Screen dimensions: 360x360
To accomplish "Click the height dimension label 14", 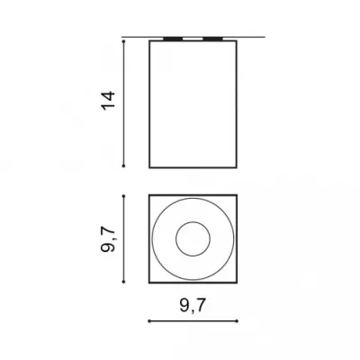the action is click(108, 101).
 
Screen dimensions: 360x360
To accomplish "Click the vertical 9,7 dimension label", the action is click(108, 239).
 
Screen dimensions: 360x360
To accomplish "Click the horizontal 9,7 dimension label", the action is click(193, 306).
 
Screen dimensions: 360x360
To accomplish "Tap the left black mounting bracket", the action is click(173, 39).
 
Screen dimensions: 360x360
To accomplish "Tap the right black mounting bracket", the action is click(212, 39).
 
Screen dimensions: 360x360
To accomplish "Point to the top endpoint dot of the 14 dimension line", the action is click(123, 41).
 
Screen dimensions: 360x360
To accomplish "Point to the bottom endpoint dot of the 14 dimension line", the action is click(123, 166).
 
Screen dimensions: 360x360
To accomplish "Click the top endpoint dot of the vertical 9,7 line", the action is click(123, 196).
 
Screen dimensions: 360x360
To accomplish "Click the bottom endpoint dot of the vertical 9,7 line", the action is click(123, 282).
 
